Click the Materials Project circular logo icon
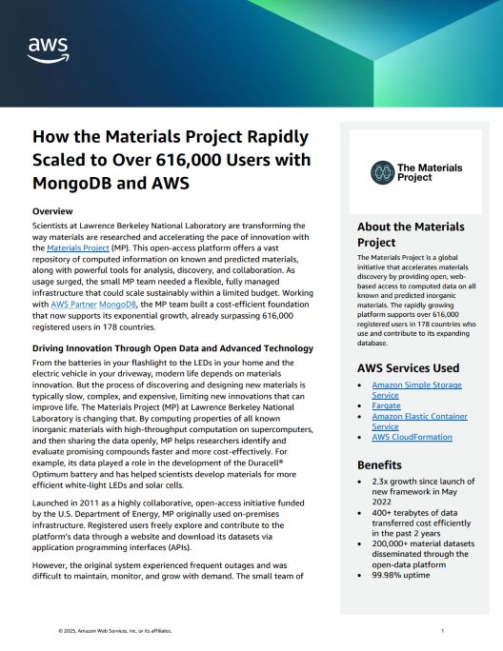(x=382, y=171)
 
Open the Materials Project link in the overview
(x=77, y=247)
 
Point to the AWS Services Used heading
(x=408, y=367)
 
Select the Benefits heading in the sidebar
(x=380, y=465)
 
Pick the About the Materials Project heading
(x=411, y=234)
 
